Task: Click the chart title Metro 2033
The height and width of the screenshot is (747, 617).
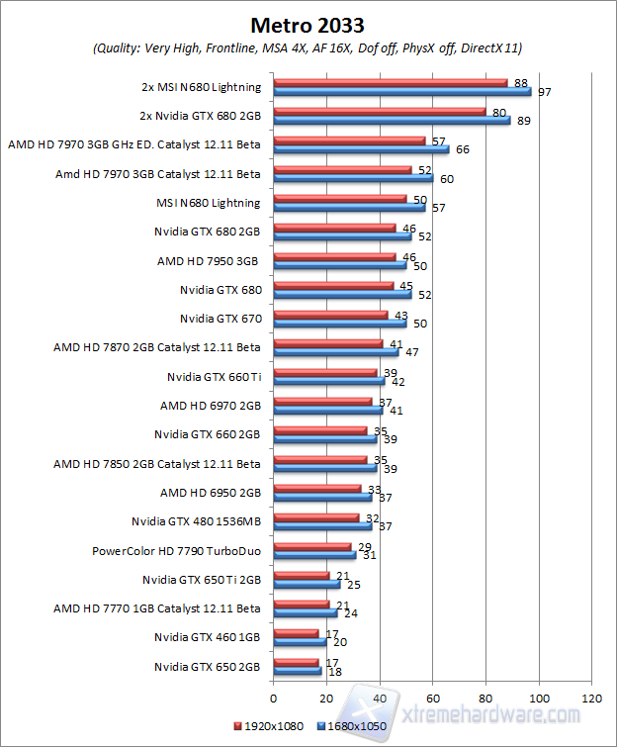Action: click(308, 23)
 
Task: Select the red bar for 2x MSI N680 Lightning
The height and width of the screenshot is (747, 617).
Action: click(390, 83)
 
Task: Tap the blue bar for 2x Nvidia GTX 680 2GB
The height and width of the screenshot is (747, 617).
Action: click(392, 121)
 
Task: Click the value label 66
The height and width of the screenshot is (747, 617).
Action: click(463, 149)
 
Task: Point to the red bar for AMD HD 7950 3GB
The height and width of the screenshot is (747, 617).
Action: click(334, 256)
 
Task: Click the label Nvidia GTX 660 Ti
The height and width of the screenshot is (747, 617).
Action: click(215, 376)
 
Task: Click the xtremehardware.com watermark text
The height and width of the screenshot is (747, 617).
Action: click(489, 714)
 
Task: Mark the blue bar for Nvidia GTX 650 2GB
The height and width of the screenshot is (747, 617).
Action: click(297, 671)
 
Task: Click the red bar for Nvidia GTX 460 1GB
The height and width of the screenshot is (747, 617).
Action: click(296, 633)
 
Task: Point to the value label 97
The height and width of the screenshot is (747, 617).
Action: click(544, 92)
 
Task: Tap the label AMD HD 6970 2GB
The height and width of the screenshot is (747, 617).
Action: click(210, 406)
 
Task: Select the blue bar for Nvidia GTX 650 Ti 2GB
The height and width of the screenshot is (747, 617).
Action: click(307, 584)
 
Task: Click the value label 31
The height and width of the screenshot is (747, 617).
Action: click(370, 555)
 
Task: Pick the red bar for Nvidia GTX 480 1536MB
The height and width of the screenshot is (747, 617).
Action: click(315, 517)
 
